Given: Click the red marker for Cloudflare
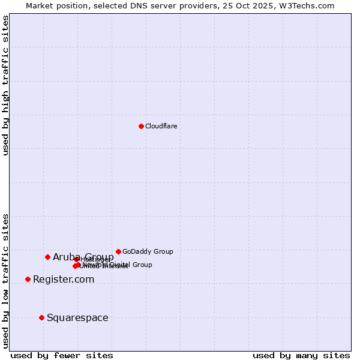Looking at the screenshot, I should [x=141, y=126].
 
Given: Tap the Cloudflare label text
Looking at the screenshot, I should [x=161, y=126].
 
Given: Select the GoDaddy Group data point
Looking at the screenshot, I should [x=118, y=251].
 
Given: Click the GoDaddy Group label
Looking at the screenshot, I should [x=148, y=251].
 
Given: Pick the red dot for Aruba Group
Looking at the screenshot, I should [x=47, y=257].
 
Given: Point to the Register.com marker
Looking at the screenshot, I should [x=28, y=279].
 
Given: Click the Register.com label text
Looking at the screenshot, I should [x=64, y=279].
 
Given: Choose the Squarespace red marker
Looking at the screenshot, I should [x=41, y=317].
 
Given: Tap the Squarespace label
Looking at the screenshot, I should [x=77, y=317].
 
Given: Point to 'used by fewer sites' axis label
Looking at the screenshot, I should [x=62, y=355].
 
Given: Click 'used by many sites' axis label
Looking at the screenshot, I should [x=301, y=355].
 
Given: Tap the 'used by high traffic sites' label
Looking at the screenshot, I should [x=6, y=85].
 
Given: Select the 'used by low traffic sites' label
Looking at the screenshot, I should [x=6, y=281].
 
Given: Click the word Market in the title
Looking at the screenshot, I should [x=40, y=5].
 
